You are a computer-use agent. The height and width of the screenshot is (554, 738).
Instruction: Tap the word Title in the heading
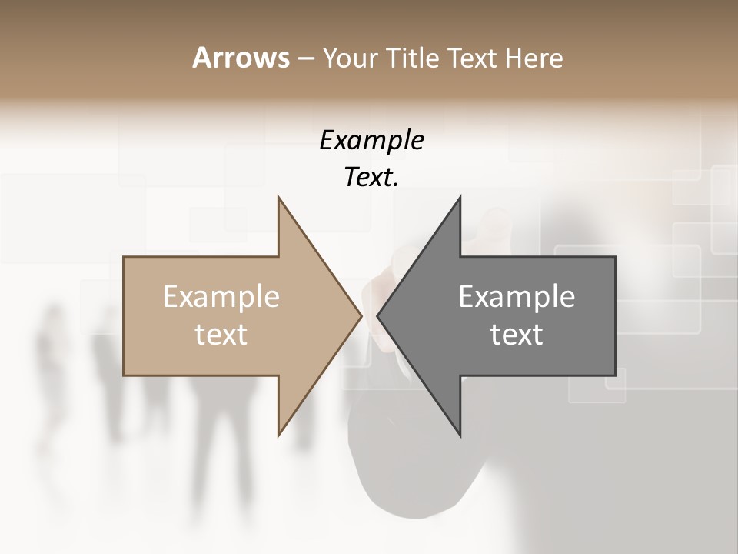coord(414,58)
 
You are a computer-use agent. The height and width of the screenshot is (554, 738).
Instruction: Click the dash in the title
coord(305,59)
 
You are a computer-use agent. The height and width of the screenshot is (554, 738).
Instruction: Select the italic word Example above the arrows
coord(371,140)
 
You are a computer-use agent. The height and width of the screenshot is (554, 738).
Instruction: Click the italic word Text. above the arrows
coord(371,178)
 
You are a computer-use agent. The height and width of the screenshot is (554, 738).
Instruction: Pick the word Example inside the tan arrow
coord(221,297)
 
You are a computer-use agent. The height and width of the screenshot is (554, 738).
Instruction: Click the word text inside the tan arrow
coord(221,335)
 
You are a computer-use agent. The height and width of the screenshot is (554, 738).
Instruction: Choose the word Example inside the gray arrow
coord(517,297)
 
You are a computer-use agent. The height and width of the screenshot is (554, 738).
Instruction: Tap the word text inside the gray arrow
coord(517,335)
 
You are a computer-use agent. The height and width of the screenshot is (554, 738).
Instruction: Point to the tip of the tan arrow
coord(361,316)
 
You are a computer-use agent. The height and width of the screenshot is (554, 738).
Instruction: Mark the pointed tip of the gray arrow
coord(377,316)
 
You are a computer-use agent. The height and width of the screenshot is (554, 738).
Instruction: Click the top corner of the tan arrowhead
coord(278,197)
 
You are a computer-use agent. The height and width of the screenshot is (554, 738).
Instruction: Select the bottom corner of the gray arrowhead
coord(460,436)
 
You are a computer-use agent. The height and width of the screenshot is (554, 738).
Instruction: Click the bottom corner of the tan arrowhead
coord(278,436)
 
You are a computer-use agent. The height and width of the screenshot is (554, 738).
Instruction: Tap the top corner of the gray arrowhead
coord(460,197)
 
